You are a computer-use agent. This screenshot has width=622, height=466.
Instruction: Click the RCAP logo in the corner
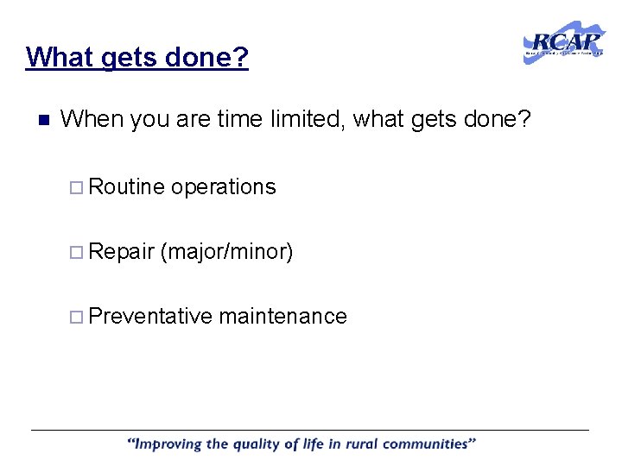(x=564, y=42)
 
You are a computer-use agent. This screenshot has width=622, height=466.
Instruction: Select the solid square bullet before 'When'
(x=42, y=120)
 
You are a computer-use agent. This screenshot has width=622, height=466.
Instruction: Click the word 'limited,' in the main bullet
(x=301, y=119)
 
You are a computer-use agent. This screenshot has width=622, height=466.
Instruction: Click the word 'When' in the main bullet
(x=92, y=119)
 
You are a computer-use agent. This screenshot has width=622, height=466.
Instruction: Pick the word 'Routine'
(x=126, y=186)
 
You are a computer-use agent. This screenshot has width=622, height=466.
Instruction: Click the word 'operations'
(x=224, y=187)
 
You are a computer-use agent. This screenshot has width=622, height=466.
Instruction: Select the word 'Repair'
(x=121, y=252)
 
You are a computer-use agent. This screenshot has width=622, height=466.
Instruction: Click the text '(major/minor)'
(x=227, y=252)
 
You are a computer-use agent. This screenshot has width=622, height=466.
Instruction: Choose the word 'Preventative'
(x=149, y=317)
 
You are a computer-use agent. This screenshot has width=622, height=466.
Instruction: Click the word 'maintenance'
(x=282, y=317)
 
